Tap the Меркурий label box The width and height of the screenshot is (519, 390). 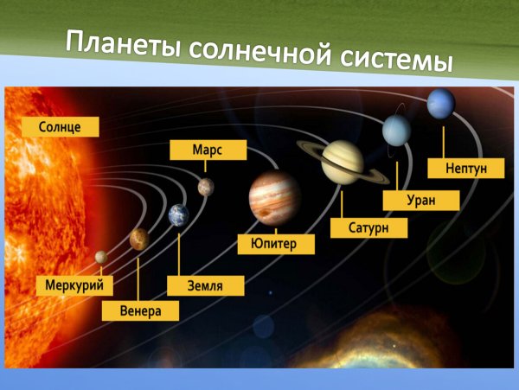[x=75, y=284]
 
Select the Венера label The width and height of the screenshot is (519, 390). [x=140, y=310]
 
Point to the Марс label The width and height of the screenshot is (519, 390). [x=208, y=150]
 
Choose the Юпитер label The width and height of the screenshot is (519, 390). [x=276, y=244]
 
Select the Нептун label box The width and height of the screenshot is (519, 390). [x=464, y=168]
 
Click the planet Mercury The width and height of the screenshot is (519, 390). [x=101, y=257]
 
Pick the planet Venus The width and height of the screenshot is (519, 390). [x=138, y=238]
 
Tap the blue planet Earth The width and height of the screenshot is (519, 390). [x=178, y=214]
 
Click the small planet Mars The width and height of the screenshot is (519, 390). [x=205, y=186]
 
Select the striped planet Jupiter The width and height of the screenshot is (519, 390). [x=274, y=198]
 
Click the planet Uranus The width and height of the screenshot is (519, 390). [x=397, y=130]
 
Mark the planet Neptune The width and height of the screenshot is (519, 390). [x=440, y=103]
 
